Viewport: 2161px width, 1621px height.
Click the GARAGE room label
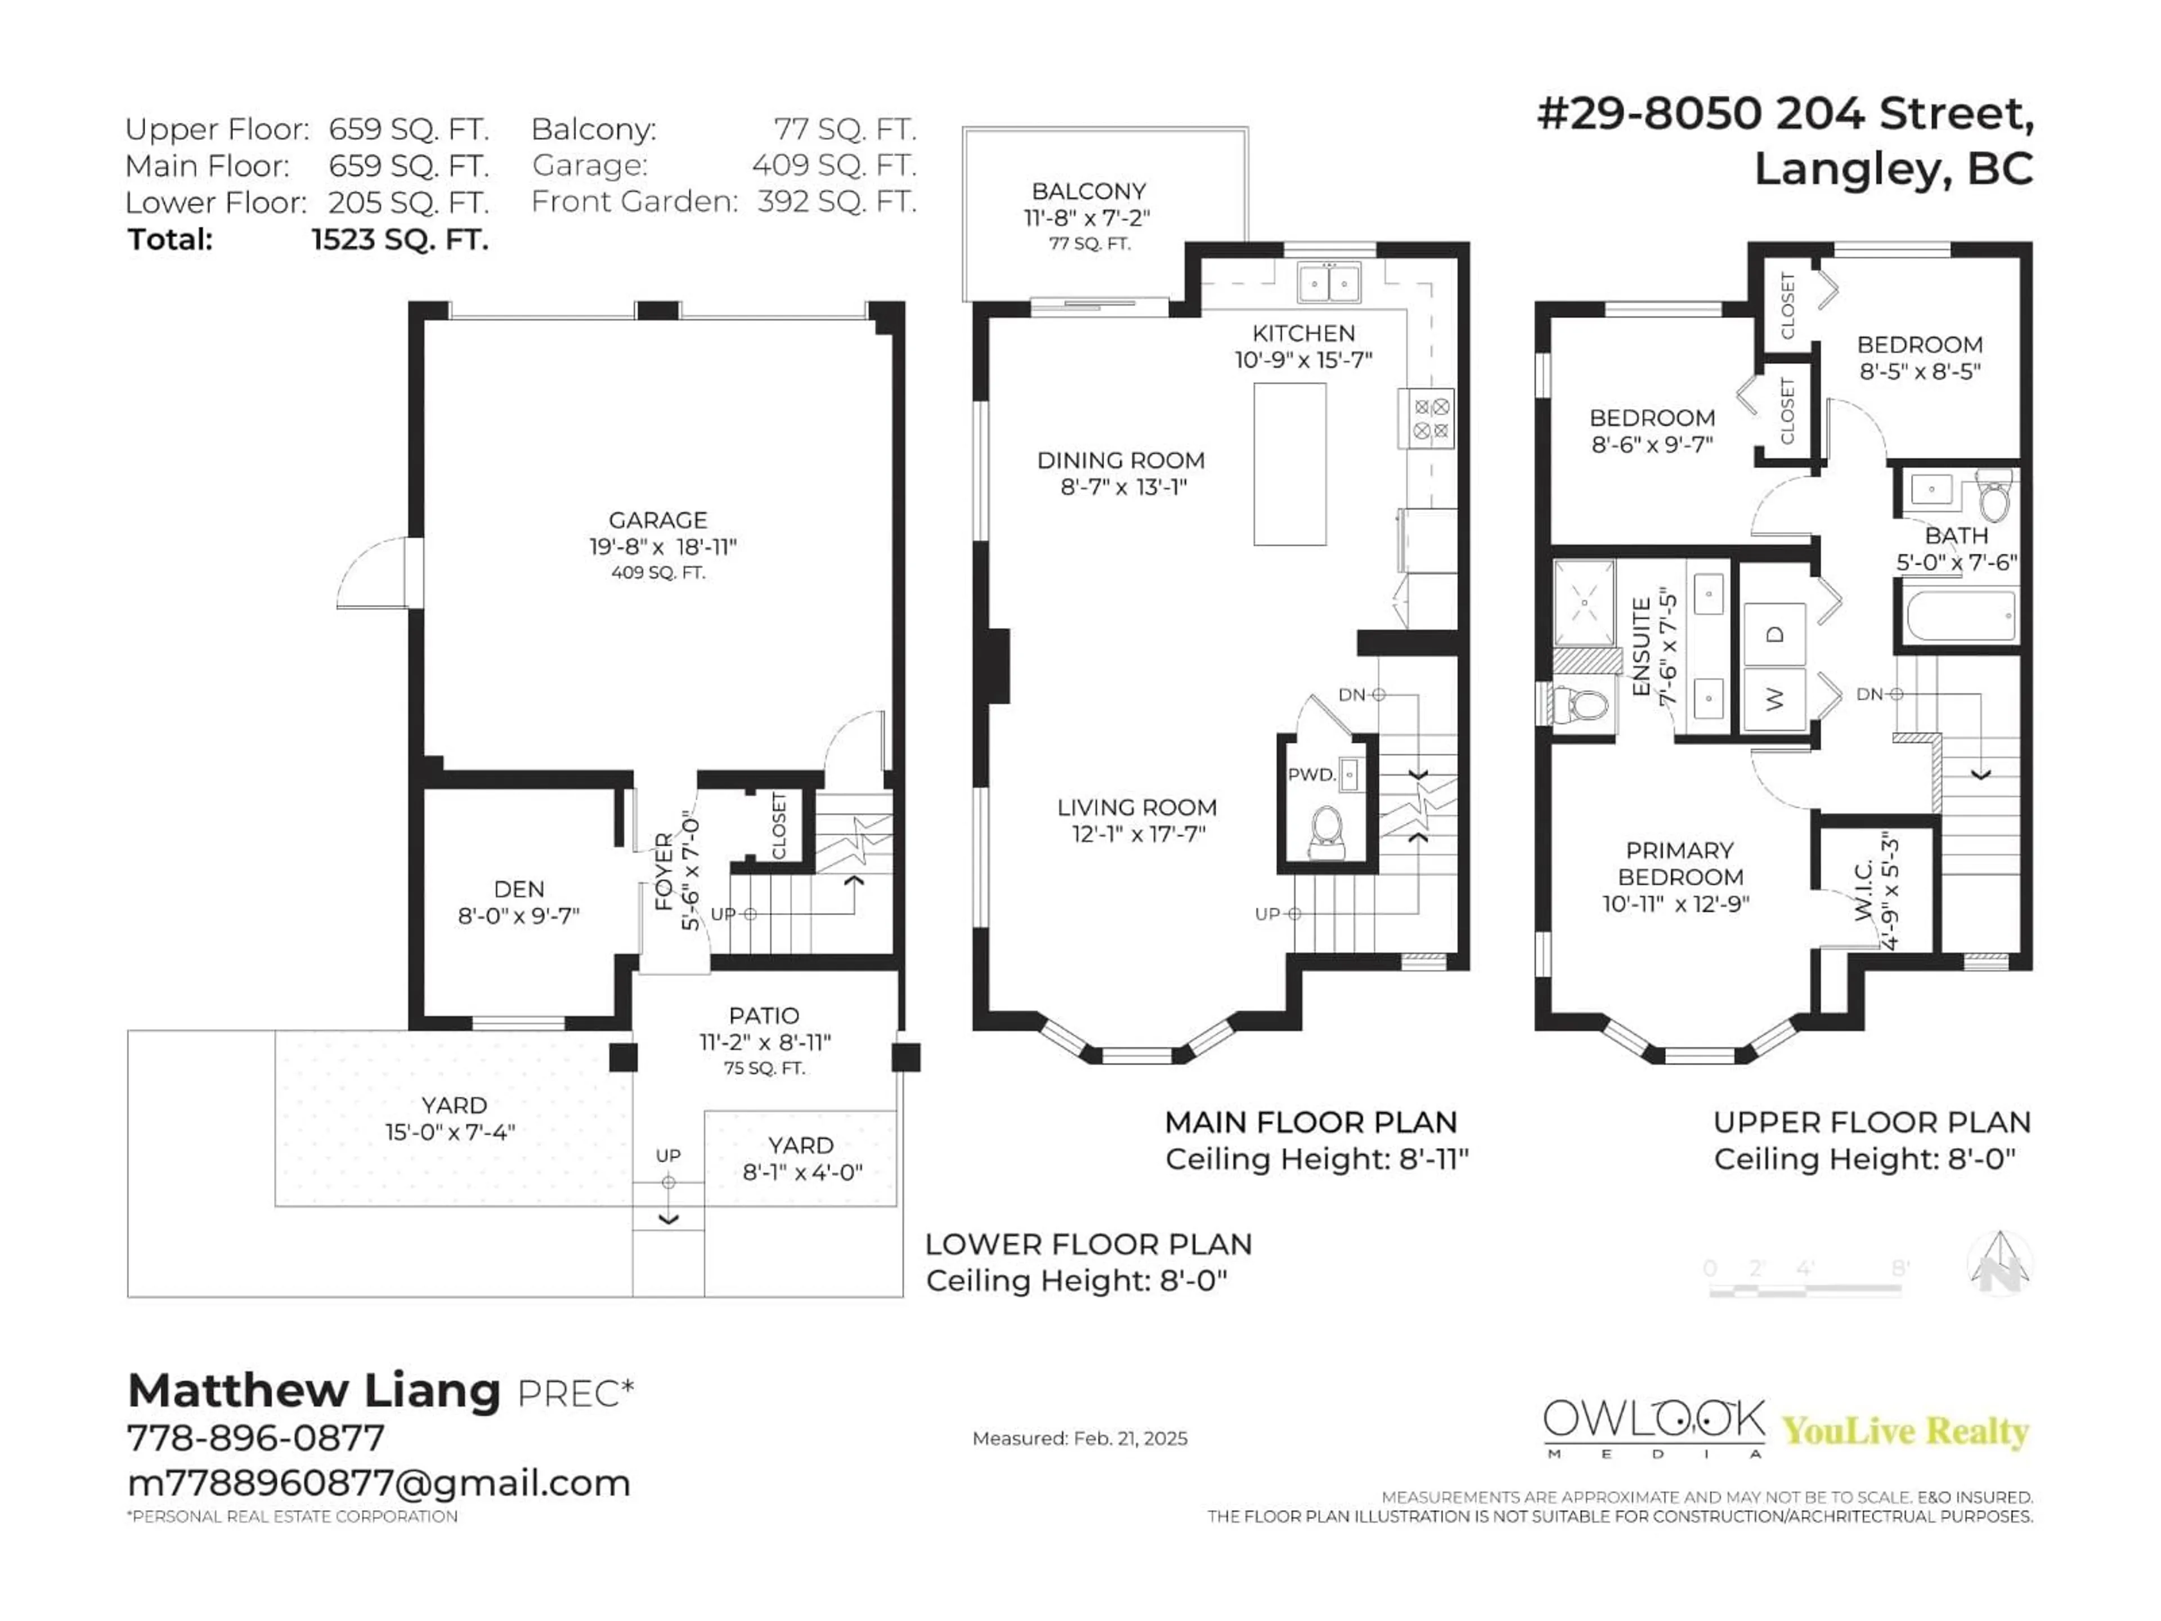[x=657, y=521]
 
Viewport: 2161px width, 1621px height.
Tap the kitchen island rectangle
[x=1290, y=464]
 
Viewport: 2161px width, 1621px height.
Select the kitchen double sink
[x=1329, y=283]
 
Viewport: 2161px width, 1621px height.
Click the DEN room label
[x=519, y=889]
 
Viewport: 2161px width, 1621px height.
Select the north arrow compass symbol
[x=2000, y=1264]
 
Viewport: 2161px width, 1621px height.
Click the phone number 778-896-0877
[x=256, y=1438]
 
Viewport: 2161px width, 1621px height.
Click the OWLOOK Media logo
[x=1654, y=1427]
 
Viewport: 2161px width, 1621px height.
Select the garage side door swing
[x=376, y=575]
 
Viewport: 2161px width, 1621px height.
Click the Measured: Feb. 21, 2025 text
[x=1079, y=1438]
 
